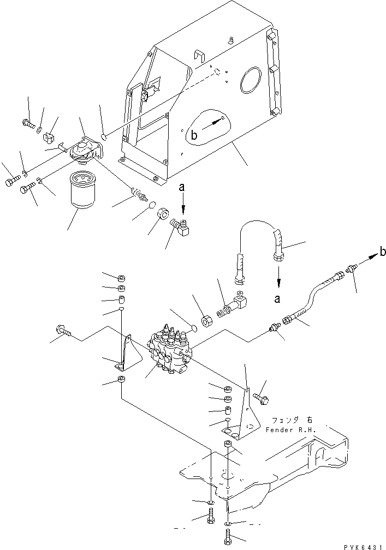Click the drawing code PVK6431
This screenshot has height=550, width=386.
coord(363,545)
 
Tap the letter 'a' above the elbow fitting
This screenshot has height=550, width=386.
coord(182,187)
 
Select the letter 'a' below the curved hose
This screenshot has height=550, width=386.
coord(279,298)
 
